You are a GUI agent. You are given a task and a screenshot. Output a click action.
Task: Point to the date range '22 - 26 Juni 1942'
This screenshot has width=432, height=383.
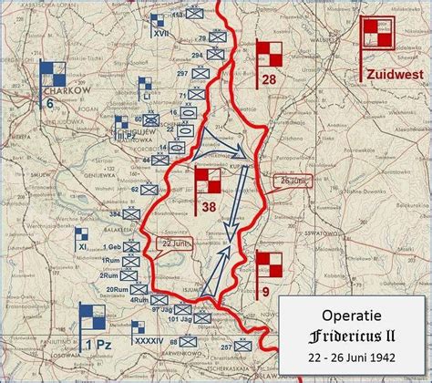click(x=351, y=357)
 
